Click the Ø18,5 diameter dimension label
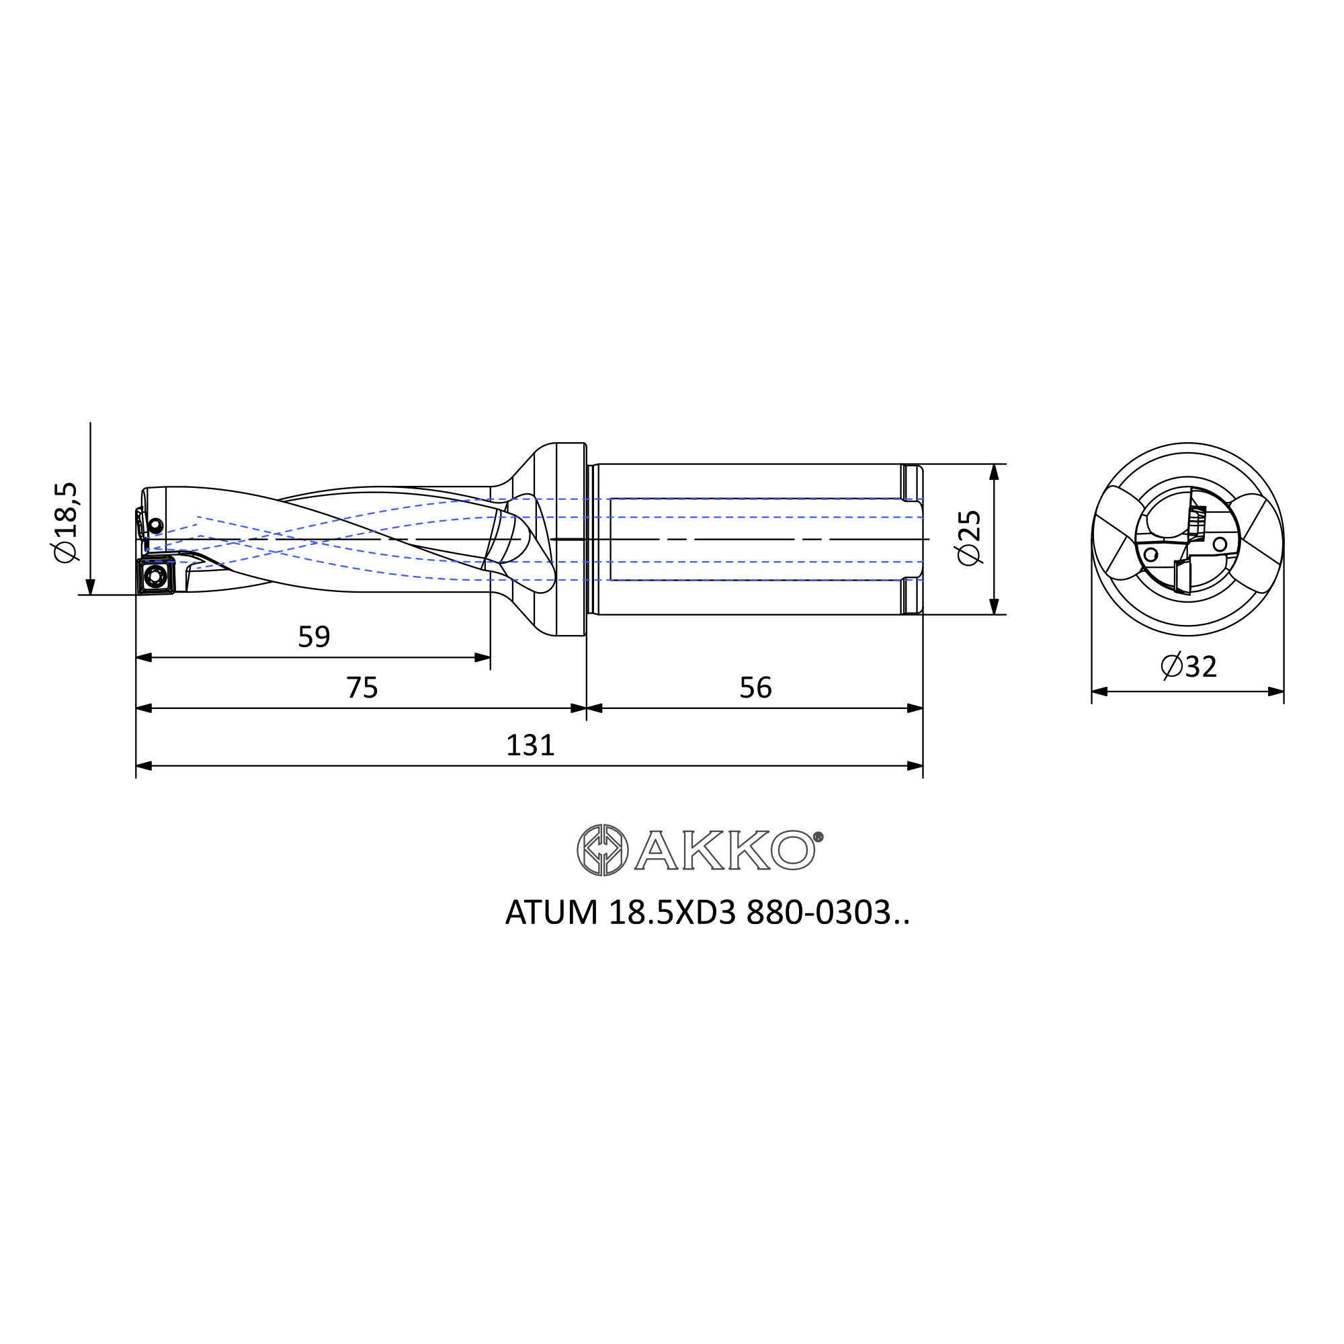67,521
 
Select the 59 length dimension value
314,636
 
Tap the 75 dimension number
362,687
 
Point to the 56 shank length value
755,687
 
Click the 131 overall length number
530,745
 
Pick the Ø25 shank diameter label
969,538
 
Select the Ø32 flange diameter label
1189,666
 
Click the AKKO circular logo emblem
602,849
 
